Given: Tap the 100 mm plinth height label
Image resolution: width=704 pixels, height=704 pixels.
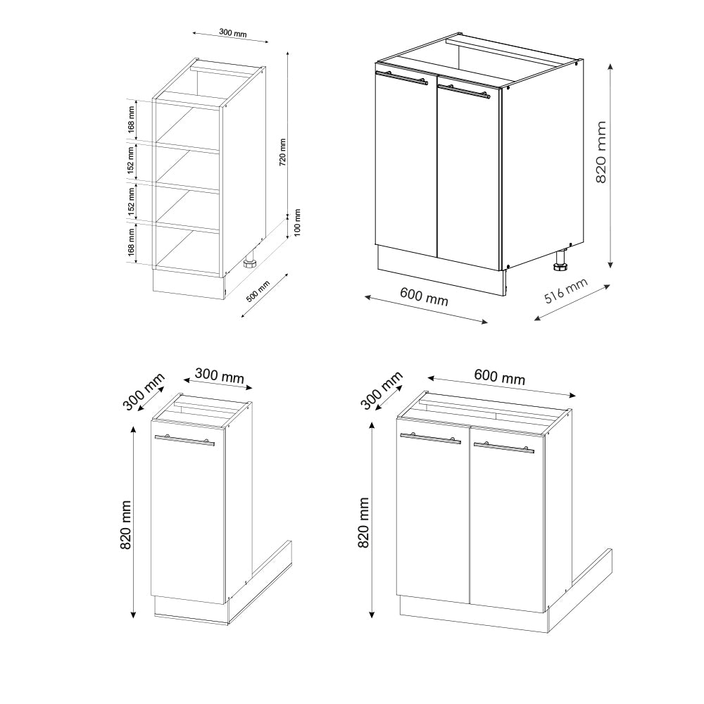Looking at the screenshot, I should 297,222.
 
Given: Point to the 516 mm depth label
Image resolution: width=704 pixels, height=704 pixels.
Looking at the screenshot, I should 566,291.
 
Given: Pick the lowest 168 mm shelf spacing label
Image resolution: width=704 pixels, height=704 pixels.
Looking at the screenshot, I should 131,243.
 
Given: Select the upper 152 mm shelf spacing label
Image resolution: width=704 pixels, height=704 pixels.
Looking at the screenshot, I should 131,161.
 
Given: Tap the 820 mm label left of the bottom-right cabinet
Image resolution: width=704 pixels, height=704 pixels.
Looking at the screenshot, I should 364,523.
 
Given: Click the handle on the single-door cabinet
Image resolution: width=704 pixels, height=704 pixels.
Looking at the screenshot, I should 184,440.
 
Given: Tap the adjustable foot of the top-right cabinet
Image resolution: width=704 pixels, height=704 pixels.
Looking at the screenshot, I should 560,266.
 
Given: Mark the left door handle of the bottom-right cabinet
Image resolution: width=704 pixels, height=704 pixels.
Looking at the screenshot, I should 430,438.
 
